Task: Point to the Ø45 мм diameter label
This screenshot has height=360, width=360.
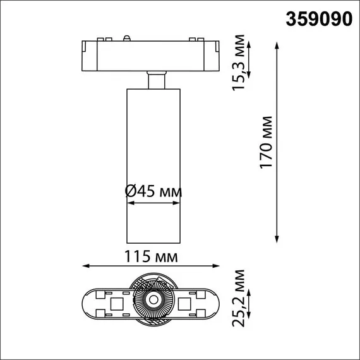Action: pos(153,191)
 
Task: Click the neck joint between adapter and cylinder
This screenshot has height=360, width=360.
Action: pos(155,81)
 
